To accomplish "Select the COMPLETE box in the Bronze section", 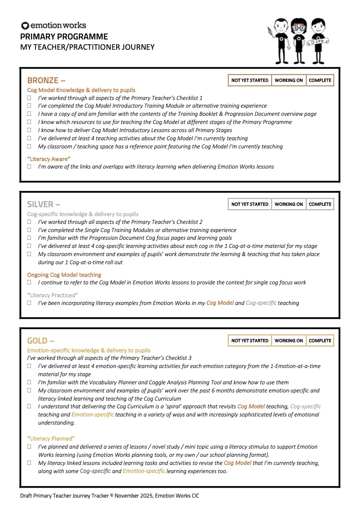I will (x=320, y=80).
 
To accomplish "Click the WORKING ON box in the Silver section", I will (x=288, y=204).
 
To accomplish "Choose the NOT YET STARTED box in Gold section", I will (x=249, y=341).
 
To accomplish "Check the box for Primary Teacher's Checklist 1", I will (x=30, y=98).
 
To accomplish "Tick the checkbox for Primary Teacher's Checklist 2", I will (x=30, y=222).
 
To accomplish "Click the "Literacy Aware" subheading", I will (x=48, y=159).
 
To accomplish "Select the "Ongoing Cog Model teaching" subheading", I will (x=64, y=275).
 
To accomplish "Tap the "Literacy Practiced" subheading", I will (x=51, y=295).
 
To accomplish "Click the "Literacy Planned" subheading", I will (x=51, y=438).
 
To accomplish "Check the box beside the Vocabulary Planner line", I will (x=30, y=382).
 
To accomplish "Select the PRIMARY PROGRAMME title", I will (x=64, y=37).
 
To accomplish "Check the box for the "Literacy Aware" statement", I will (x=30, y=166).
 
